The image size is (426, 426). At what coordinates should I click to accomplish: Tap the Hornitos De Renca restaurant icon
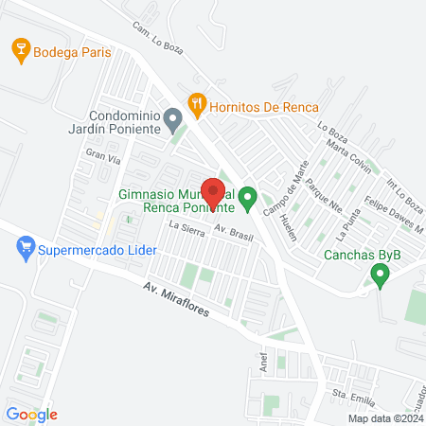pyautogui.click(x=197, y=104)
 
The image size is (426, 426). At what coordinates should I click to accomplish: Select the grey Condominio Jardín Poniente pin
pyautogui.click(x=172, y=120)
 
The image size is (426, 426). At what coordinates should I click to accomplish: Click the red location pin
pyautogui.click(x=214, y=192)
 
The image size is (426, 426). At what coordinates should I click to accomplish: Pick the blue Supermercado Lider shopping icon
pyautogui.click(x=27, y=250)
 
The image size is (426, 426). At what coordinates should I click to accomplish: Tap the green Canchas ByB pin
pyautogui.click(x=381, y=275)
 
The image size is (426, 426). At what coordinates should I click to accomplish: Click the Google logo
pyautogui.click(x=32, y=414)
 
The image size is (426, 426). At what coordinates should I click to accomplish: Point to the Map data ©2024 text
pyautogui.click(x=384, y=418)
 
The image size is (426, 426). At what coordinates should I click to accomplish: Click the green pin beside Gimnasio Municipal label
pyautogui.click(x=248, y=198)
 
